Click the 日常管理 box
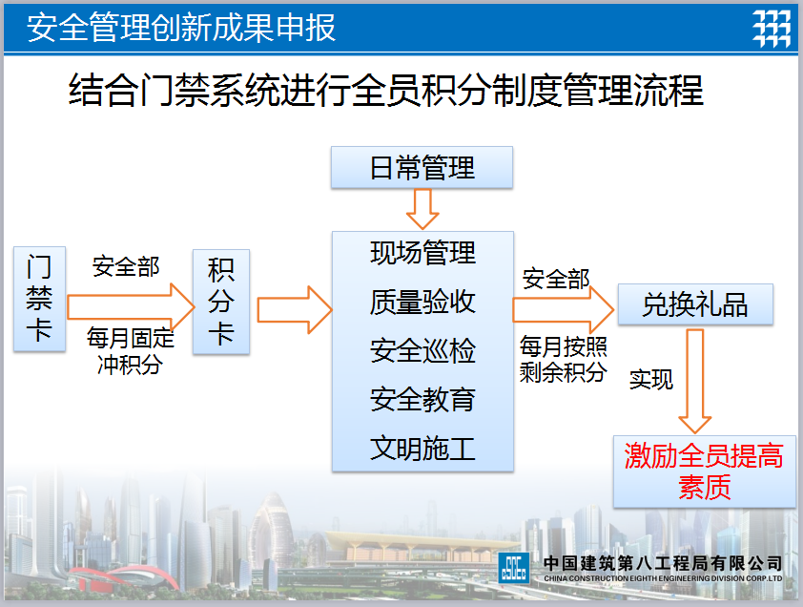[422, 168]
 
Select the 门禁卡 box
[39, 299]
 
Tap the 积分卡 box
[221, 302]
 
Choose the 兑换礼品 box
[695, 304]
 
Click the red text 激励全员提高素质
[704, 471]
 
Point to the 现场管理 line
[423, 253]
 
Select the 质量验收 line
[423, 302]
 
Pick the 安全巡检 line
[423, 350]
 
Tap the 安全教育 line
[423, 399]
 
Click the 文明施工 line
[423, 449]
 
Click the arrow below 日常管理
[422, 209]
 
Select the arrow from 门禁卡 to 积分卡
[131, 307]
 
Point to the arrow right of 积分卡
[295, 309]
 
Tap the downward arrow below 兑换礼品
[695, 382]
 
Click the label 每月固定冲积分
[130, 351]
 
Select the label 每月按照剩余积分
[564, 360]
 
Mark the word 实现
[651, 380]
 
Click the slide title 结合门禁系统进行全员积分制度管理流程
[386, 91]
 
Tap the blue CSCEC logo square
[514, 568]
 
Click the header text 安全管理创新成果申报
[181, 27]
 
